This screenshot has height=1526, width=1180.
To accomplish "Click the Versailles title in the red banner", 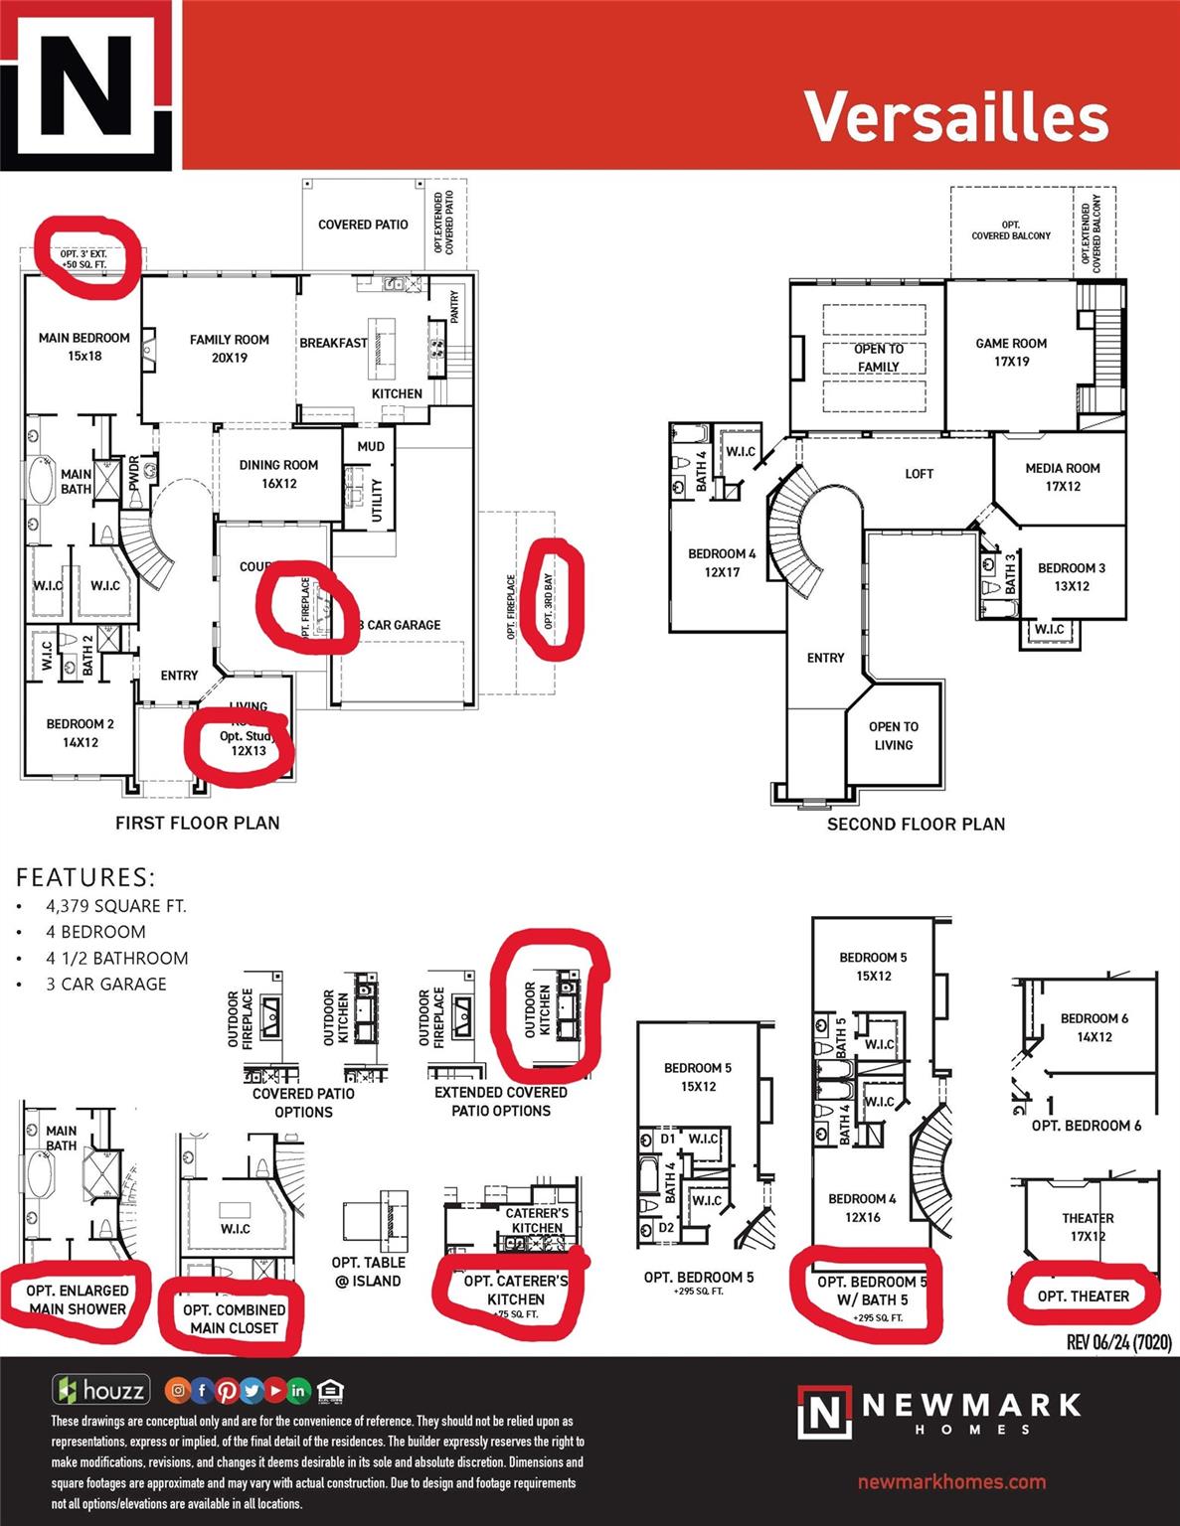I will pyautogui.click(x=955, y=116).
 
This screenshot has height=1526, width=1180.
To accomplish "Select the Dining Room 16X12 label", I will pyautogui.click(x=278, y=474).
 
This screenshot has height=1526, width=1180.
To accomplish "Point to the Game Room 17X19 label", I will pyautogui.click(x=1011, y=353).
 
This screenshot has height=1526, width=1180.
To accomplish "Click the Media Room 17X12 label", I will pyautogui.click(x=1063, y=477).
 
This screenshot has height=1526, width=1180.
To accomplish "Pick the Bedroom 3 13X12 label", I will pyautogui.click(x=1071, y=577).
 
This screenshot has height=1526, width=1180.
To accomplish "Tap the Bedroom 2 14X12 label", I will pyautogui.click(x=81, y=733).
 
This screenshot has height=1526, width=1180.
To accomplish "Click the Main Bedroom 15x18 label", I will pyautogui.click(x=84, y=347).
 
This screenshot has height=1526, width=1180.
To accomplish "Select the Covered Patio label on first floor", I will pyautogui.click(x=363, y=225).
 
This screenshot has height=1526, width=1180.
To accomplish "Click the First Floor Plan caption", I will pyautogui.click(x=198, y=823).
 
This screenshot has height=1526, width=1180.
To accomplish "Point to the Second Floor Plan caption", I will pyautogui.click(x=916, y=824).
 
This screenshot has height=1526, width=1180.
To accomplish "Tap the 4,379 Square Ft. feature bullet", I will pyautogui.click(x=115, y=906).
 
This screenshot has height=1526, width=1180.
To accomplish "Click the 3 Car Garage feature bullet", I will pyautogui.click(x=106, y=984).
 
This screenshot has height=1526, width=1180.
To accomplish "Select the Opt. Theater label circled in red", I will pyautogui.click(x=1084, y=1297).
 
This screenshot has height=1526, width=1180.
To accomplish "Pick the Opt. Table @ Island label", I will pyautogui.click(x=368, y=1272).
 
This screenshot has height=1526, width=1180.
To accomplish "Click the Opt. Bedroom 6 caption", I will pyautogui.click(x=1087, y=1126).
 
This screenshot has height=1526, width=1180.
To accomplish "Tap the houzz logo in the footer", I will pyautogui.click(x=101, y=1390).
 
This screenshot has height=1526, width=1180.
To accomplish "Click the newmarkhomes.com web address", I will pyautogui.click(x=951, y=1482).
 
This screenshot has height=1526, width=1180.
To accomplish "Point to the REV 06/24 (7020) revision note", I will pyautogui.click(x=1118, y=1342).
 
